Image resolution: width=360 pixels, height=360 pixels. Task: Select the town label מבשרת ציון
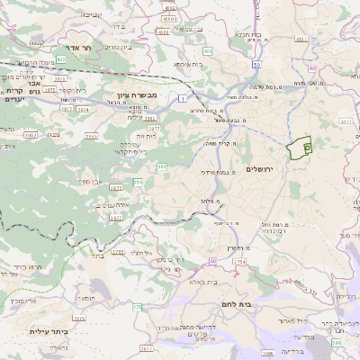point(137,94)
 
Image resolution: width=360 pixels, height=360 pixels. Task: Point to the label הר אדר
point(69,46)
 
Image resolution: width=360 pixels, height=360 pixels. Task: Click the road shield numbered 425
point(60,58)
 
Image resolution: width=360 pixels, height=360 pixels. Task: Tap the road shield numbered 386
point(162,166)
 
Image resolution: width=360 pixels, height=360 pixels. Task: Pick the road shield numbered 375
point(138,307)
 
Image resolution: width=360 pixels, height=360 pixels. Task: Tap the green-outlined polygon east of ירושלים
point(298,143)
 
